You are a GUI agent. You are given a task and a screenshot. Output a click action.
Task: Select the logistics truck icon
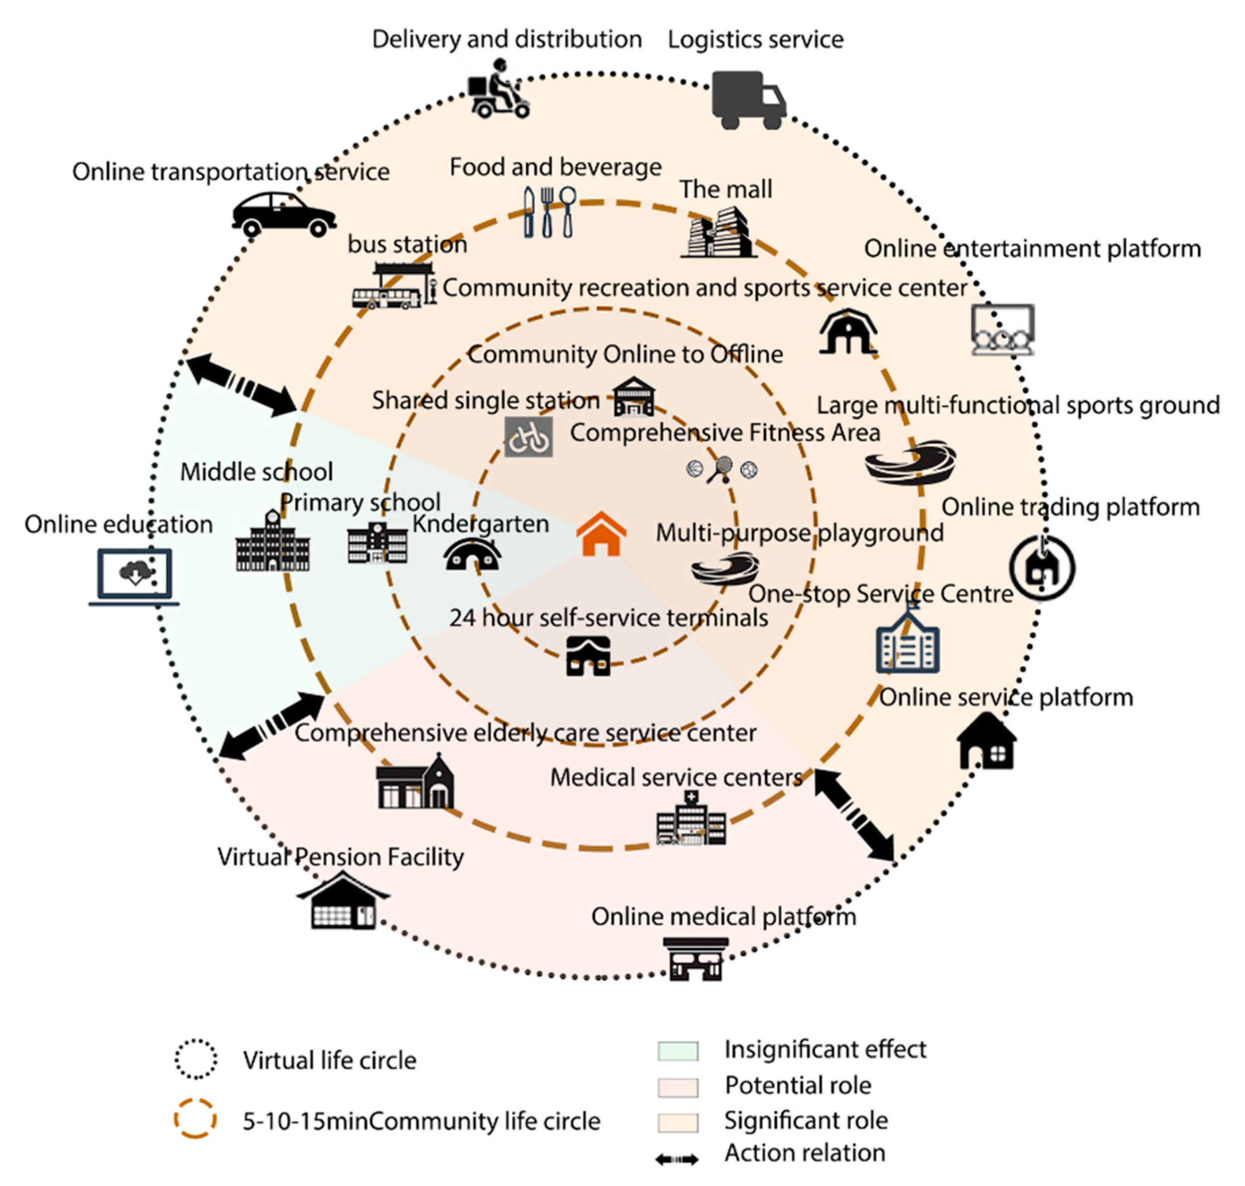point(748,100)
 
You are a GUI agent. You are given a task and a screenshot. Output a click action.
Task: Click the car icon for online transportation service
point(283,214)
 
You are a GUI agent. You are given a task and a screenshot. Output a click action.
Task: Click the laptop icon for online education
point(134,576)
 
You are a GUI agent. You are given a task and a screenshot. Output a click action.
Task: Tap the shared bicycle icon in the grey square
point(528,436)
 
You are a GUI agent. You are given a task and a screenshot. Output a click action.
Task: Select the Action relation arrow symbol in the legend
point(676,1160)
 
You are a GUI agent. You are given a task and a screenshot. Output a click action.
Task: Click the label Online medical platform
point(723,916)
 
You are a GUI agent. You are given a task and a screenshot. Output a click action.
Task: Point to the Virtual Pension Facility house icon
point(343,901)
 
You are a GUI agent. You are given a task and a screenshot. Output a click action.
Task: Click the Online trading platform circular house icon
point(1041,567)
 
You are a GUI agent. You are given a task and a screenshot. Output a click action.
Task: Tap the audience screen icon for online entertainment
point(1002,329)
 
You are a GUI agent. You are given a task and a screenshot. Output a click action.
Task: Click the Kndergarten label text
point(480,524)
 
